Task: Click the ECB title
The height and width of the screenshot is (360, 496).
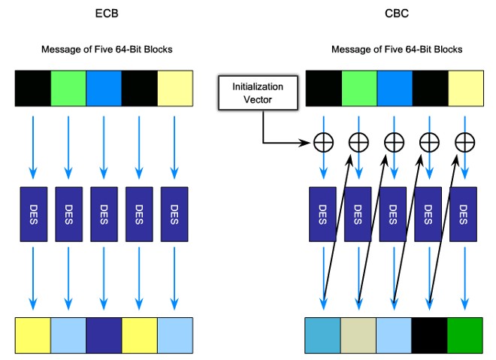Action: tap(106, 13)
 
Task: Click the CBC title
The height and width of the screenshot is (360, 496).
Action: tap(396, 13)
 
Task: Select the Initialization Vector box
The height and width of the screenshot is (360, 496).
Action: tap(253, 93)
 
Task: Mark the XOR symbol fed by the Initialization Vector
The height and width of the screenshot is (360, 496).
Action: tap(324, 141)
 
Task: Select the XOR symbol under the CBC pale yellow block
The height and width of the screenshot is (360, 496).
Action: tap(465, 141)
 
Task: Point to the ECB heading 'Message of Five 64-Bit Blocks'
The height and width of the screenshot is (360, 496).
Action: tap(106, 50)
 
